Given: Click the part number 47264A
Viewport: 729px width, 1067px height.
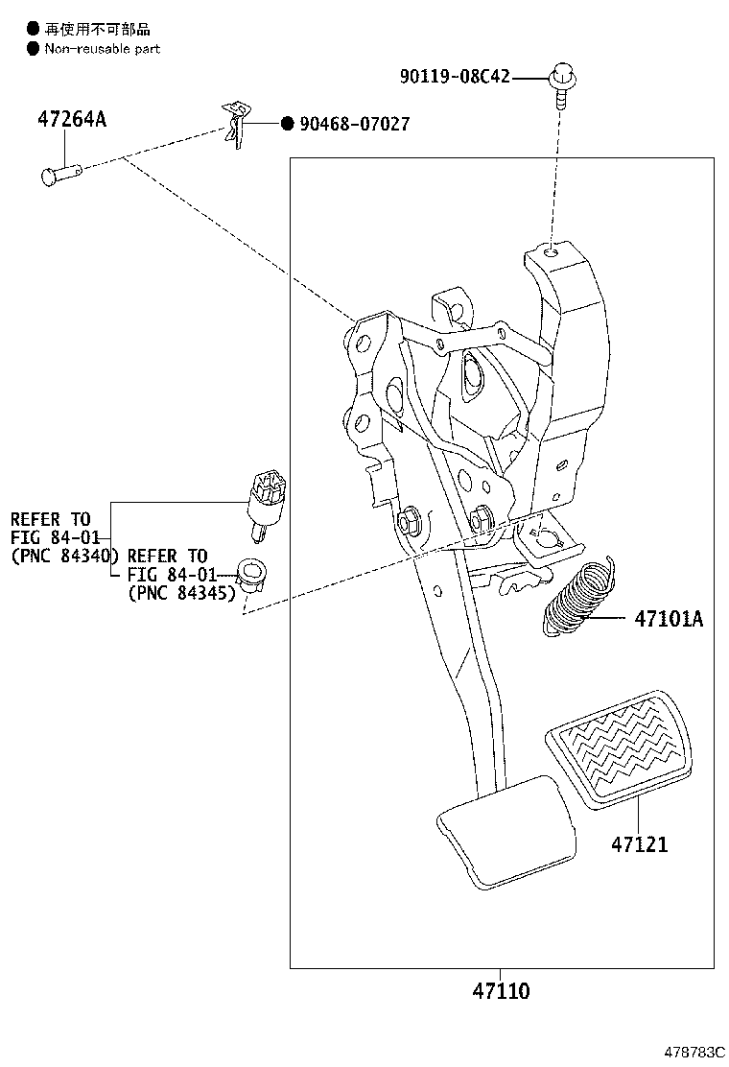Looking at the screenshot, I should [72, 120].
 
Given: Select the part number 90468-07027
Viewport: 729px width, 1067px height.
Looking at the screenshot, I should [354, 124].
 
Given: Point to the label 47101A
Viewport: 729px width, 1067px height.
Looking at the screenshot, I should [668, 619].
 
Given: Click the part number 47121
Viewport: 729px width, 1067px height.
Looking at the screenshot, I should [639, 844].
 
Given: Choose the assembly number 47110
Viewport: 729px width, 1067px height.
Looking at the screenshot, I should [499, 990].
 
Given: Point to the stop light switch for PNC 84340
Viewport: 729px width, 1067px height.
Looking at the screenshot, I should [266, 493].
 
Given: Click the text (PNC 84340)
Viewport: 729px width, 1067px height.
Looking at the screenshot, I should [63, 556].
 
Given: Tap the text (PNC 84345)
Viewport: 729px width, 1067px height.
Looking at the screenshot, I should [180, 594].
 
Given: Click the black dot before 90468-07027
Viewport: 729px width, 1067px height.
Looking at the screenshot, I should [287, 124].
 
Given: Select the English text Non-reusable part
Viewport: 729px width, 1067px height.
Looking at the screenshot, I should [102, 48].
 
